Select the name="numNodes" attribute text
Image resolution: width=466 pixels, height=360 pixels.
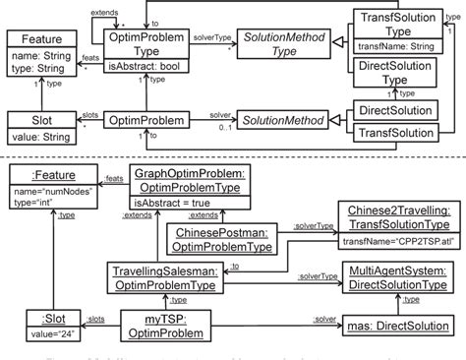[48, 188]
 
